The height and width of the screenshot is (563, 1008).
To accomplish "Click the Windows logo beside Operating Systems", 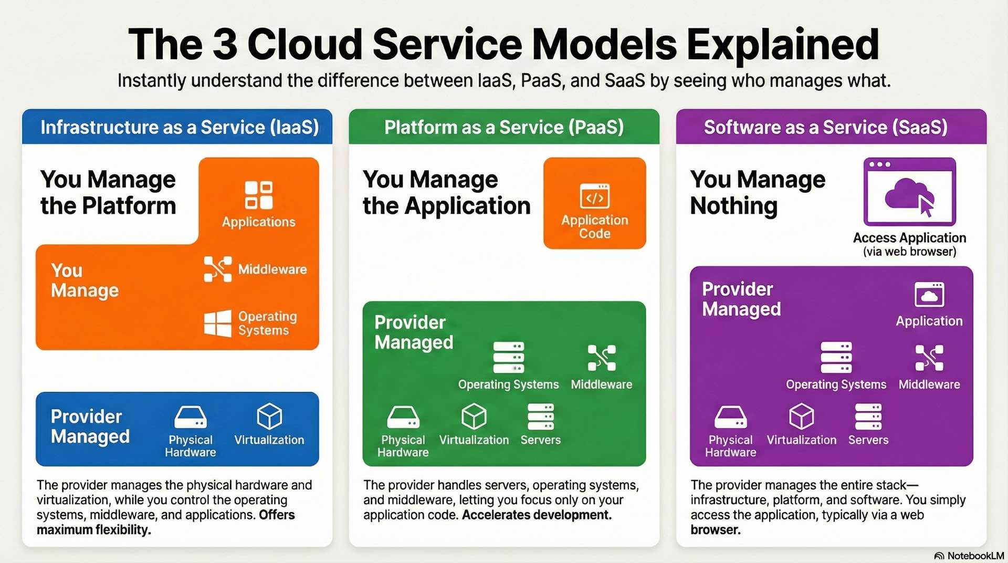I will (x=217, y=323).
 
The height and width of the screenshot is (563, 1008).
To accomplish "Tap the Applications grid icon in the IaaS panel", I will (x=258, y=195).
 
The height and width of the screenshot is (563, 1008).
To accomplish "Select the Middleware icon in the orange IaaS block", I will (x=217, y=269).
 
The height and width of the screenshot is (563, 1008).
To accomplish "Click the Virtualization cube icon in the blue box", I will (x=269, y=417).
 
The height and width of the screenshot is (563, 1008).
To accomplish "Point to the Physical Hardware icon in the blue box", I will (x=190, y=418).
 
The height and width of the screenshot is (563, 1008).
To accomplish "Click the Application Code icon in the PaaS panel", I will (x=594, y=196).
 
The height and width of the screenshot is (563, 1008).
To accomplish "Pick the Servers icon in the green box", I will (x=540, y=417).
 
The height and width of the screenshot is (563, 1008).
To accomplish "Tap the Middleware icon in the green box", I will (x=602, y=358).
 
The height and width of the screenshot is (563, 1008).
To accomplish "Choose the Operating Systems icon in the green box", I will (x=508, y=358).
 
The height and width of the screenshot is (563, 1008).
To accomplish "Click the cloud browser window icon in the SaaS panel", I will (x=909, y=192).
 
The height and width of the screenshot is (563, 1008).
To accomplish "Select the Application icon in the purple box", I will (x=929, y=295).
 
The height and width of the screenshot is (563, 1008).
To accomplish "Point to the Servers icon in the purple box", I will (x=868, y=417).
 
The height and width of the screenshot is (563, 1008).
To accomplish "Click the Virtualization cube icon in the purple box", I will (x=801, y=417).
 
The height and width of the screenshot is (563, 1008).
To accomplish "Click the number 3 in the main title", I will (x=225, y=44).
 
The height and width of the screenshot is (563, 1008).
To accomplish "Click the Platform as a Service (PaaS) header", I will (x=504, y=127).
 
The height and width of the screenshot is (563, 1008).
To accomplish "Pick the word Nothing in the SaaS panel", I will (x=733, y=206).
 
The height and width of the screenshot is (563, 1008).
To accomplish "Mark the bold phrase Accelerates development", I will (x=537, y=515).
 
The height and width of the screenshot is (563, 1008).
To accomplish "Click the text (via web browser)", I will (x=909, y=252).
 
